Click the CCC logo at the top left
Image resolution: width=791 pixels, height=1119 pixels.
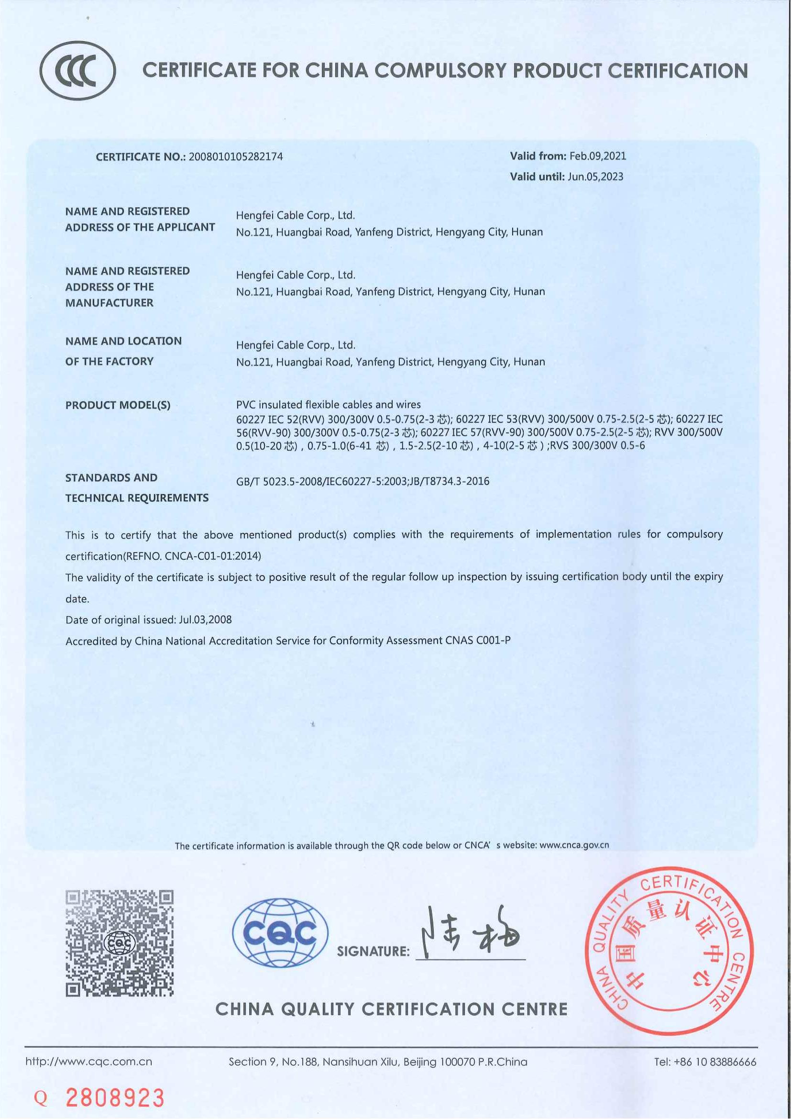pyautogui.click(x=77, y=71)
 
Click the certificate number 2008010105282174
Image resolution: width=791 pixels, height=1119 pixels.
pyautogui.click(x=235, y=157)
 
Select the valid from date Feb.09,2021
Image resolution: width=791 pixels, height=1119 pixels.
pyautogui.click(x=598, y=156)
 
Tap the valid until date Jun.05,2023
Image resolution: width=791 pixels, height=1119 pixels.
pyautogui.click(x=595, y=177)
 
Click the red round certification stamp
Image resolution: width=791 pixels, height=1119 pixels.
pyautogui.click(x=669, y=951)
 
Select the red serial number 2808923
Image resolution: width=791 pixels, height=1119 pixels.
pyautogui.click(x=115, y=1097)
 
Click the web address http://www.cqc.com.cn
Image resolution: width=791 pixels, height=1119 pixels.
pyautogui.click(x=88, y=1062)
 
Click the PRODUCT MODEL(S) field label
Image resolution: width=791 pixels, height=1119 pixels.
pyautogui.click(x=118, y=406)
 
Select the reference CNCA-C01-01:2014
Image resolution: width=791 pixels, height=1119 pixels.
pyautogui.click(x=213, y=556)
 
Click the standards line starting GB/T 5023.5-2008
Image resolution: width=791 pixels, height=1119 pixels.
pyautogui.click(x=363, y=482)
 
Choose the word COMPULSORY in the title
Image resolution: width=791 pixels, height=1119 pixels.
pyautogui.click(x=440, y=71)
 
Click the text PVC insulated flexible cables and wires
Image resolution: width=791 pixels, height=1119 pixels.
pyautogui.click(x=328, y=405)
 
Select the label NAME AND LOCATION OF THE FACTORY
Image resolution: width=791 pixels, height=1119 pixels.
pyautogui.click(x=123, y=351)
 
